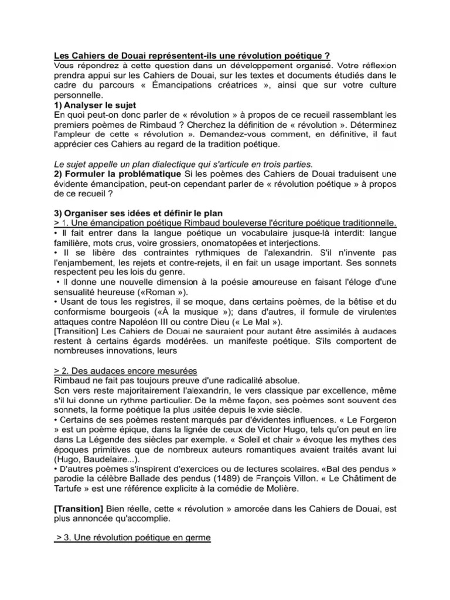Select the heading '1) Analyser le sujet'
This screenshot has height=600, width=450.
pyautogui.click(x=93, y=104)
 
